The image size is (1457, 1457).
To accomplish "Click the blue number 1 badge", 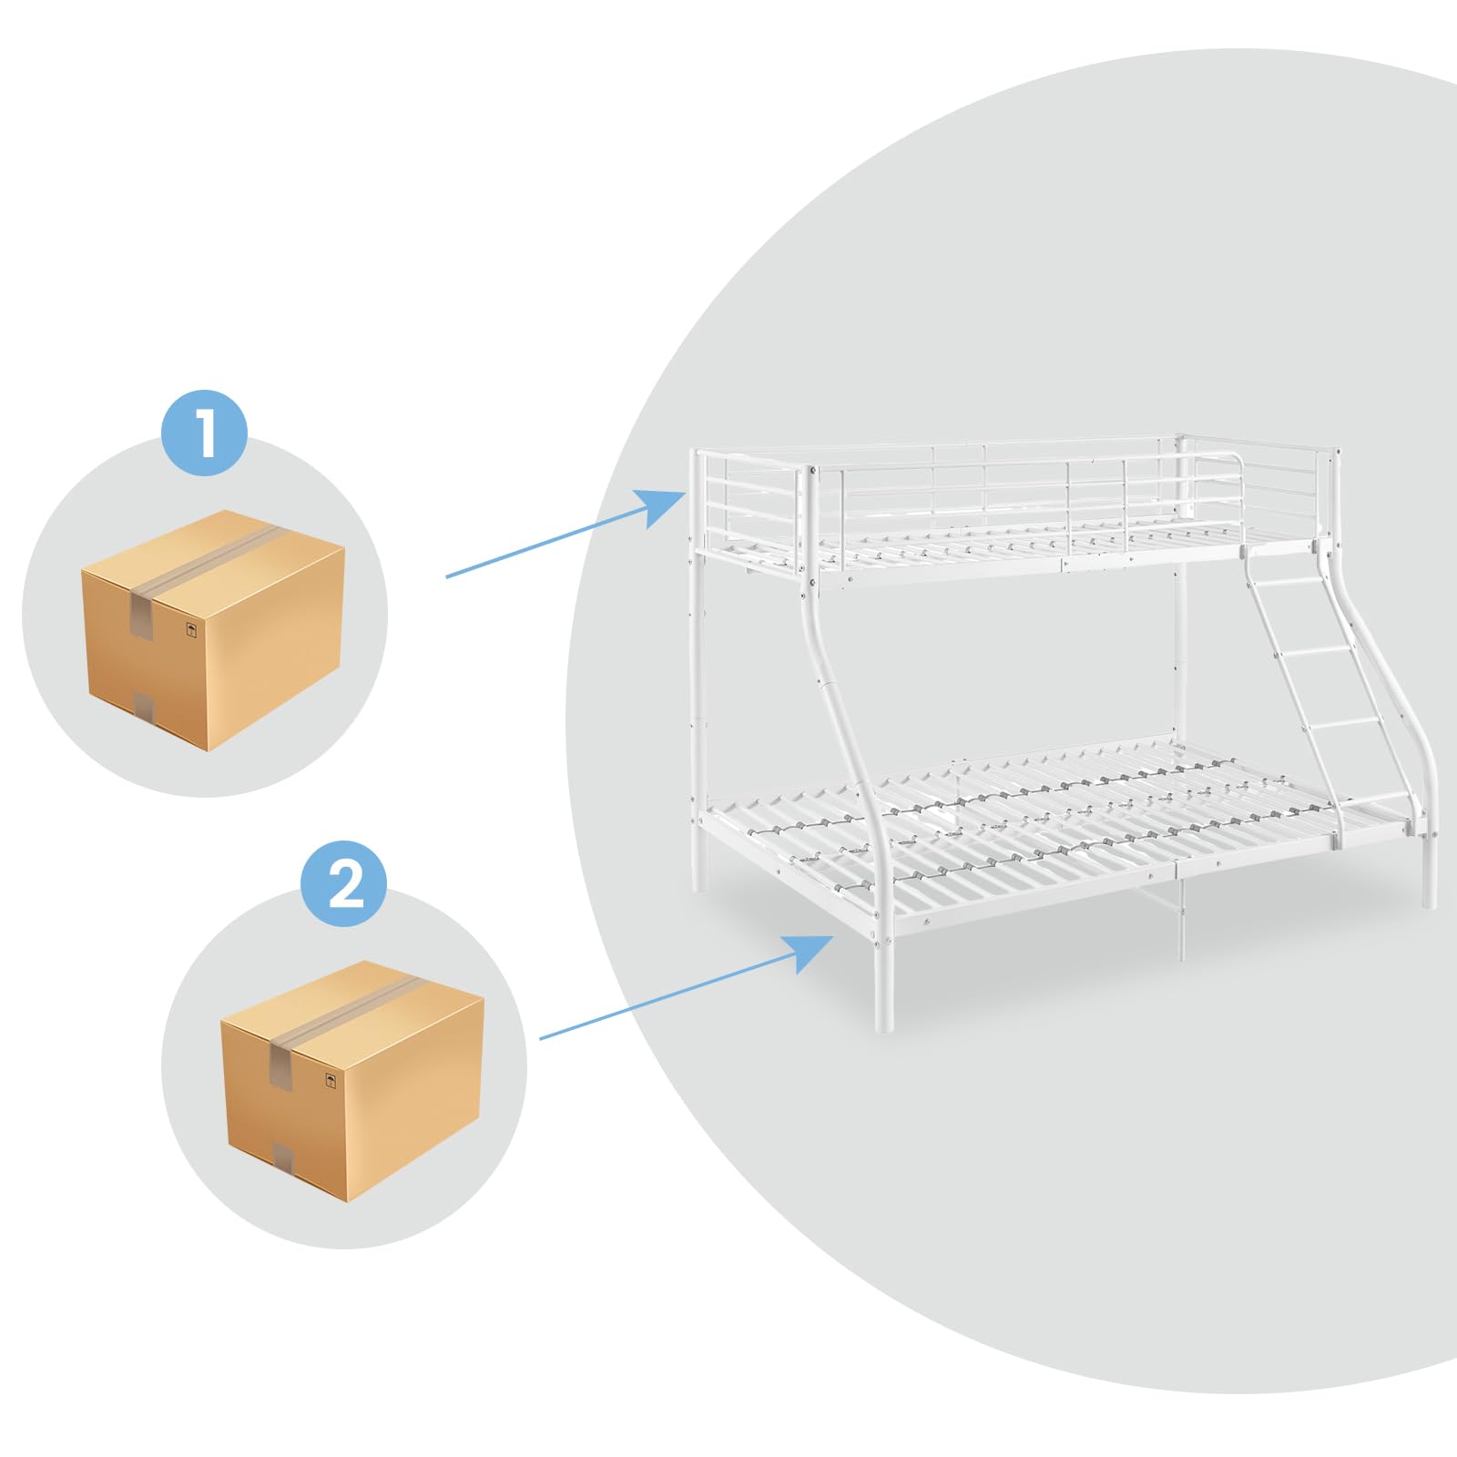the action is (205, 433).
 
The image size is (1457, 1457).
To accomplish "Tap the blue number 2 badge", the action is (344, 883).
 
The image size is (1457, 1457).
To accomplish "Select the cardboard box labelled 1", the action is (213, 630).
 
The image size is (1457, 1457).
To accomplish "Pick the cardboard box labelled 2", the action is (352, 1081).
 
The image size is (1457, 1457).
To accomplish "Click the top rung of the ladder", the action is (1286, 582).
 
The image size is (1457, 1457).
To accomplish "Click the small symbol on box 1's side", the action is (191, 629).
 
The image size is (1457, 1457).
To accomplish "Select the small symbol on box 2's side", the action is (331, 1080).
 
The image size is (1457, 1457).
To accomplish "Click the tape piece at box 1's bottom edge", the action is (144, 707).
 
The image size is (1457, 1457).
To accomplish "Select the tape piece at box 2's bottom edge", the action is (283, 1157).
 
